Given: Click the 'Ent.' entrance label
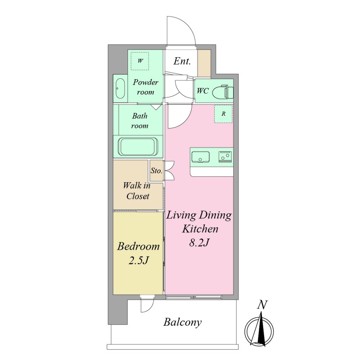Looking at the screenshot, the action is click(182, 61).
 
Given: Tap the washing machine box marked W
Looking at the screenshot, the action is click(140, 61).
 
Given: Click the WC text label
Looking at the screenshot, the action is click(202, 91).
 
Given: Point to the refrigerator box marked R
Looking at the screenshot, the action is click(223, 114).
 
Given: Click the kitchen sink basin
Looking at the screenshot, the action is click(200, 157).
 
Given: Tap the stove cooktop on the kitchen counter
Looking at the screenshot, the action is click(225, 157).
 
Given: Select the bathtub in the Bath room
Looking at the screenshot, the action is click(138, 147).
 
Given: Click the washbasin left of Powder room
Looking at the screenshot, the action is click(120, 88).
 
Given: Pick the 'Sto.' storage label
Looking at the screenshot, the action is click(157, 171).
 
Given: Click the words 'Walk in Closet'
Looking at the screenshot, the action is click(137, 191).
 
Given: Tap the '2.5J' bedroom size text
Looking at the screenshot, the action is click(139, 261).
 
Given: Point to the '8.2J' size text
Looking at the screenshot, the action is click(199, 243).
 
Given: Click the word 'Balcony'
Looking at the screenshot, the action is click(183, 322).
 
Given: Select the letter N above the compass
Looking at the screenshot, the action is click(262, 305).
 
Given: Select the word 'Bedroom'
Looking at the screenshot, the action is click(139, 246).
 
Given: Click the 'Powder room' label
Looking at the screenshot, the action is click(145, 87).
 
